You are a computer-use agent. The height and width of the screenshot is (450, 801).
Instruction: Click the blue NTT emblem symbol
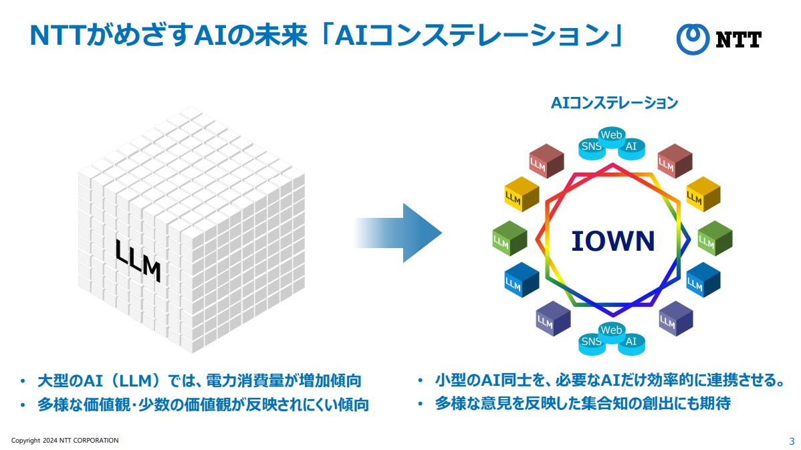tap(692, 39)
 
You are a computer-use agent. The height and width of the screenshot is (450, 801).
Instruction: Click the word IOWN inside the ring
tap(613, 241)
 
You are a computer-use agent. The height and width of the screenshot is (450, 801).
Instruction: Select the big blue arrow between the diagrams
tap(399, 233)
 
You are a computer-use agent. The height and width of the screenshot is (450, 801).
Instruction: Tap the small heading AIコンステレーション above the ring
tap(614, 103)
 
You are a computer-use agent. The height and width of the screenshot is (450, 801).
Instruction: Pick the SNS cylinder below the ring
tap(591, 343)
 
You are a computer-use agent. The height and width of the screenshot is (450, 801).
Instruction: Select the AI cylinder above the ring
tap(631, 148)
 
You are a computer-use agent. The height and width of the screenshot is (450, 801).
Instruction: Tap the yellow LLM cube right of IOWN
tap(703, 194)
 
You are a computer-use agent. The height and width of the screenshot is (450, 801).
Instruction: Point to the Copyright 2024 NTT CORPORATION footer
tap(65, 441)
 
